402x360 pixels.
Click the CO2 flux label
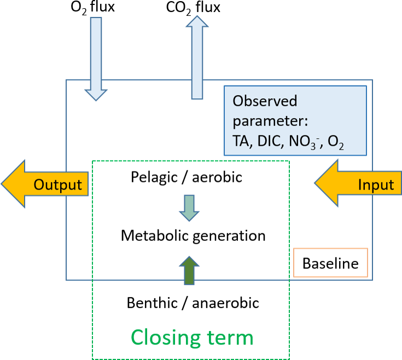tap(194, 7)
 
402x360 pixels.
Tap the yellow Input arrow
tap(359, 184)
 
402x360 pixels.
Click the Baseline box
tap(330, 264)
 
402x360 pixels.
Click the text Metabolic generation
tap(193, 236)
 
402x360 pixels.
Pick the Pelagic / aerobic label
tap(187, 177)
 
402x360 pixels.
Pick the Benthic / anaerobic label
tap(193, 302)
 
